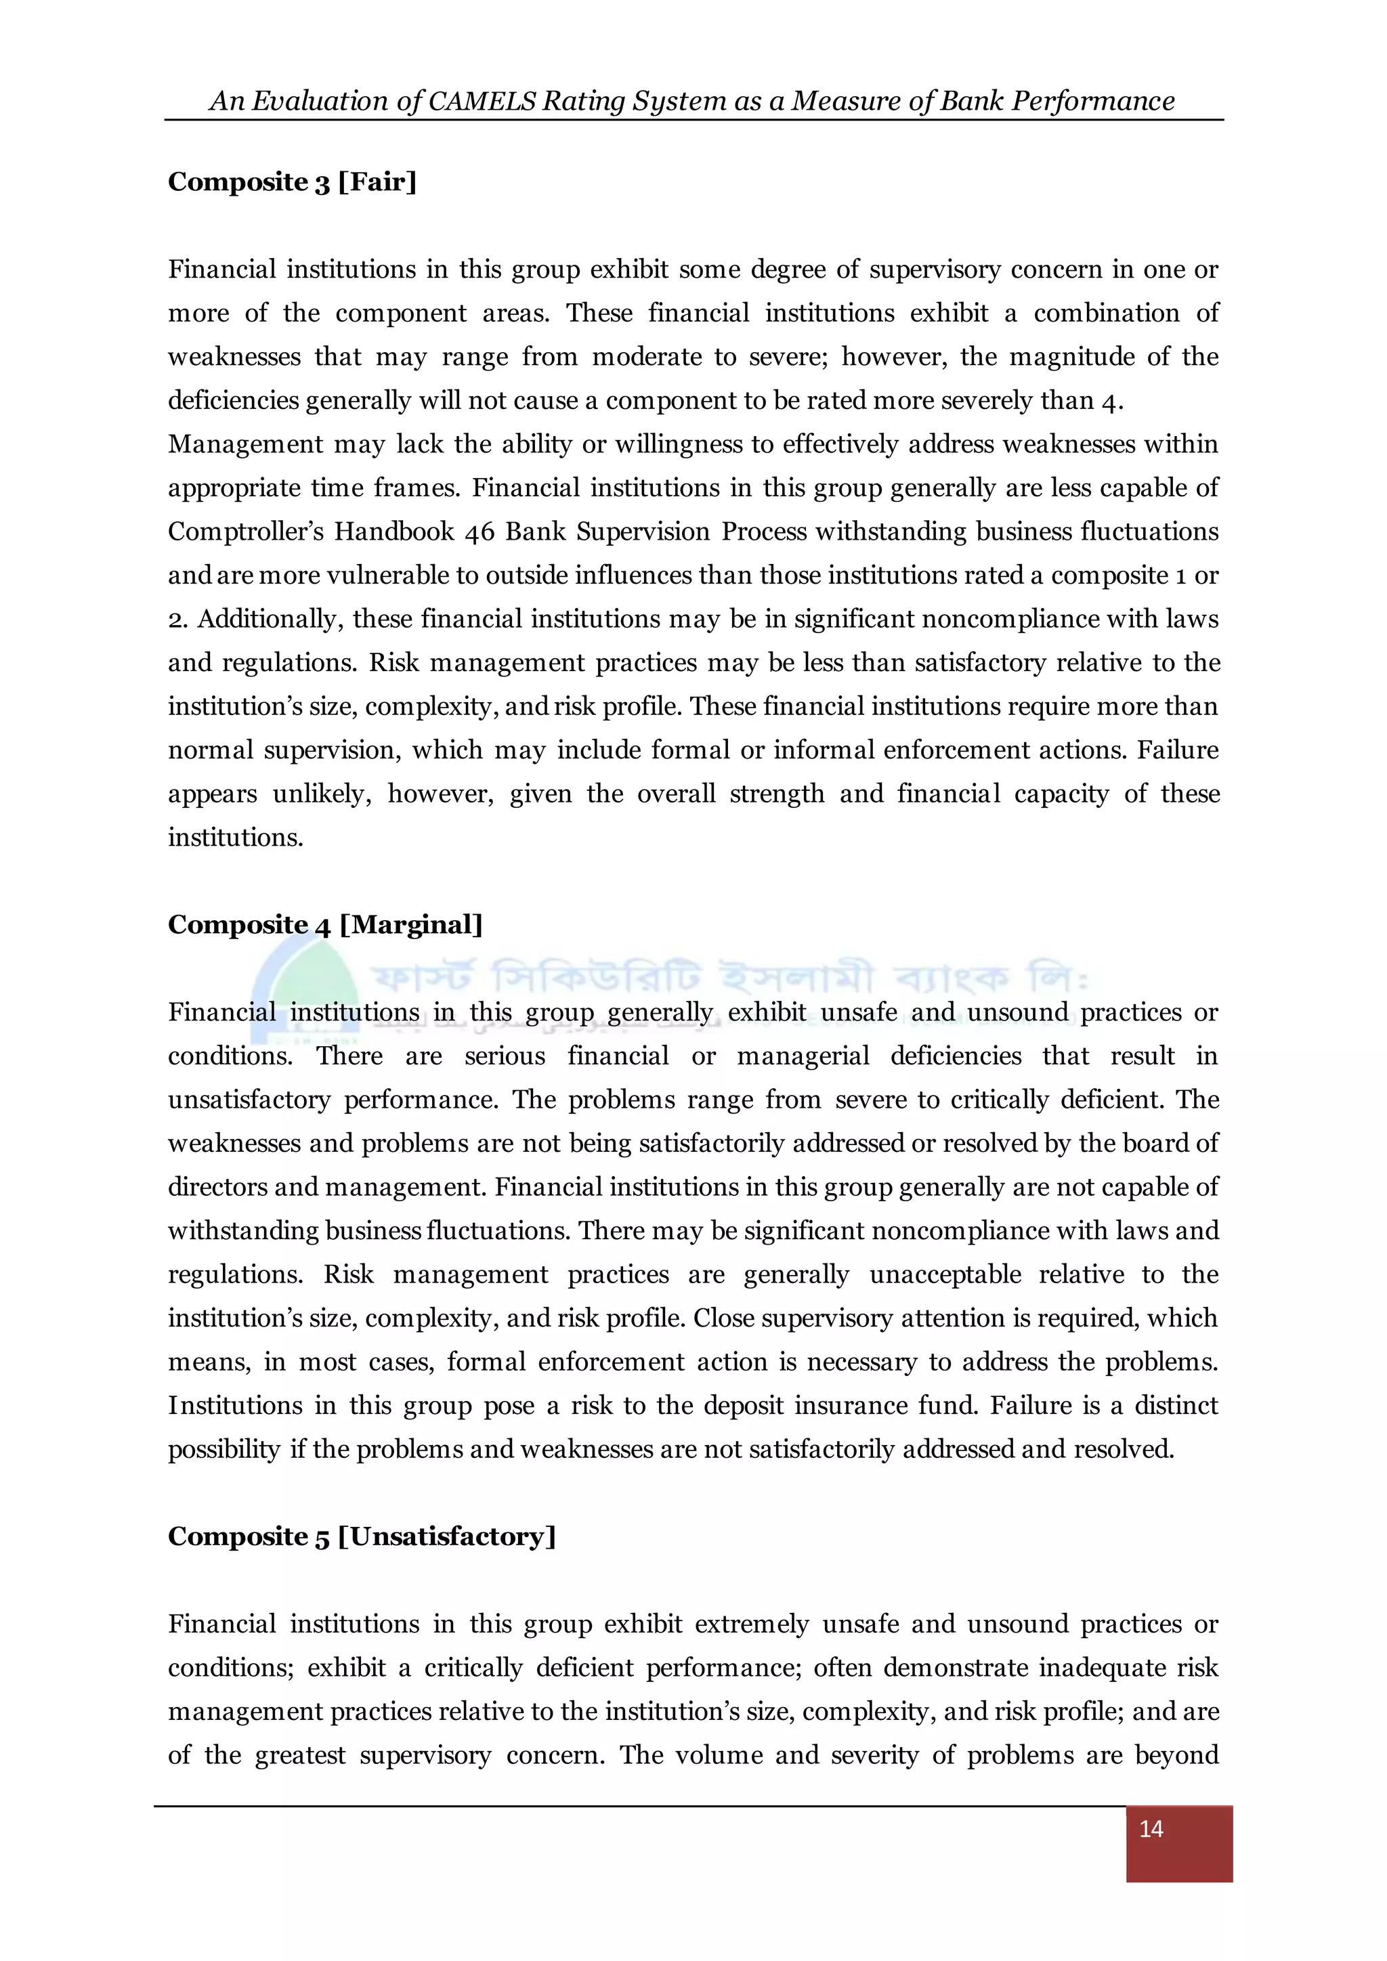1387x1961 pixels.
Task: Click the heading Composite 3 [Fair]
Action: [292, 182]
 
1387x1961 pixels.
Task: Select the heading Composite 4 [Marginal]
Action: [325, 925]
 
